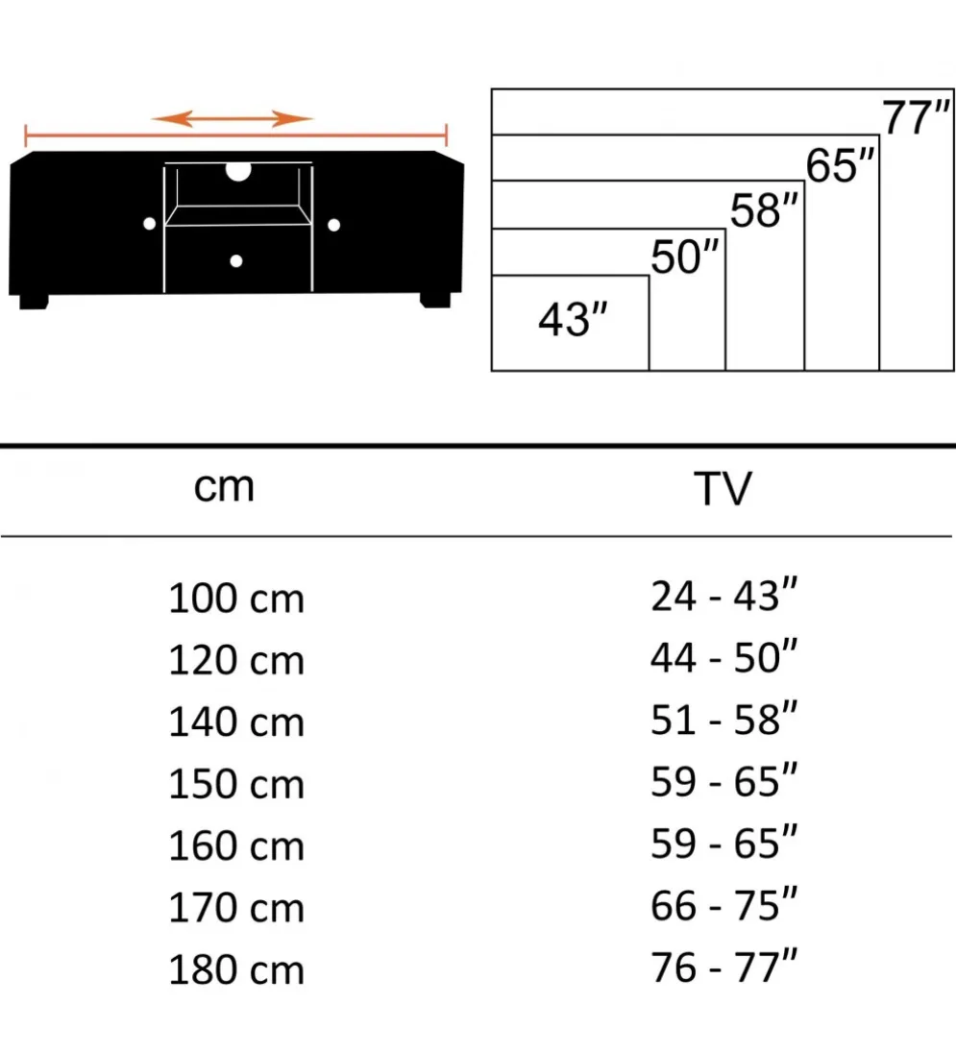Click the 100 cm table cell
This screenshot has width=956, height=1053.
pyautogui.click(x=236, y=598)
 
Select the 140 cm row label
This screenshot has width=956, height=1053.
pyautogui.click(x=236, y=722)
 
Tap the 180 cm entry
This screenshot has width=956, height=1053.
pyautogui.click(x=236, y=969)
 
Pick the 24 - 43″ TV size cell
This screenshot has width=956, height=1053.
pyautogui.click(x=723, y=595)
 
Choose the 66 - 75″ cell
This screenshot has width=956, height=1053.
pyautogui.click(x=723, y=905)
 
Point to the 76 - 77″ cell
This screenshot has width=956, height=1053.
pyautogui.click(x=723, y=967)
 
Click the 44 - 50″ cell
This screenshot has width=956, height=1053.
pyautogui.click(x=723, y=657)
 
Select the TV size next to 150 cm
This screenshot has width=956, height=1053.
pyautogui.click(x=723, y=781)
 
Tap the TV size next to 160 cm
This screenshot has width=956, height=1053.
pyautogui.click(x=723, y=843)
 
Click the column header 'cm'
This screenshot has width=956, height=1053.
pyautogui.click(x=224, y=487)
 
